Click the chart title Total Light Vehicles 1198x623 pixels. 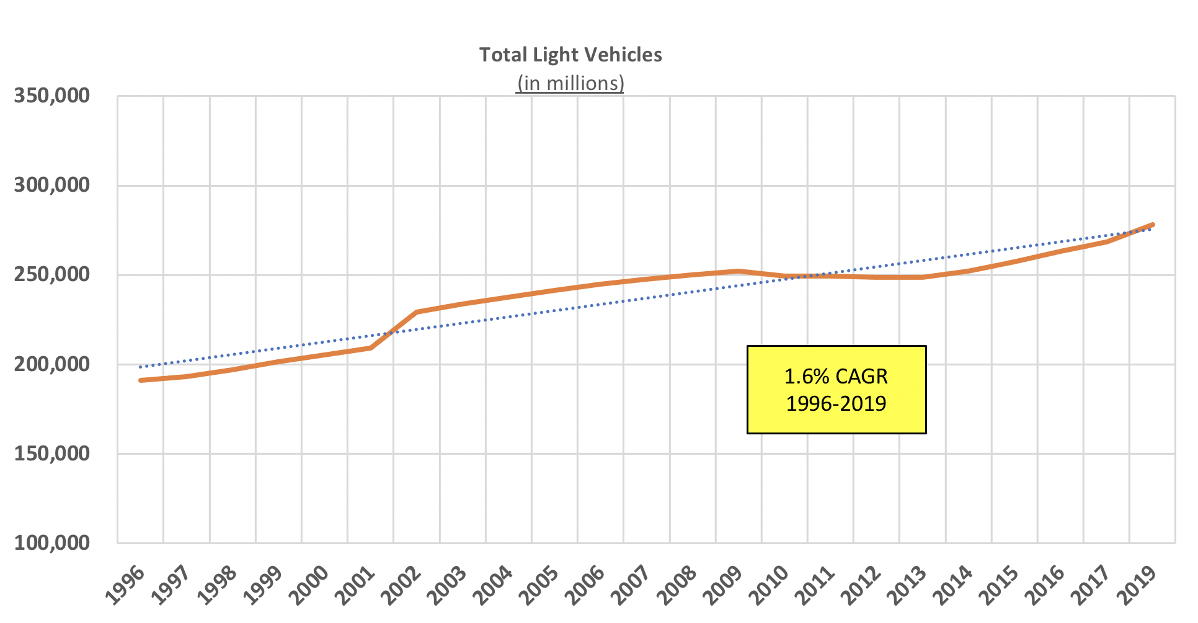tap(570, 55)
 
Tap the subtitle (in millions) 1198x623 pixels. tap(570, 83)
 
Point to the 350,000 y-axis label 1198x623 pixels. tap(52, 96)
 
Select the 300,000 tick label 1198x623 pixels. tap(52, 185)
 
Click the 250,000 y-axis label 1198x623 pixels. tap(52, 274)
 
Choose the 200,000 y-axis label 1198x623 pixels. tap(52, 364)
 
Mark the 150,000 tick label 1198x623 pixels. tap(52, 454)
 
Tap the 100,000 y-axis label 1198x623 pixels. tap(52, 543)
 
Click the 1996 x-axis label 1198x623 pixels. tap(125, 585)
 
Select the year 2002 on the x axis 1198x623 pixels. tap(401, 585)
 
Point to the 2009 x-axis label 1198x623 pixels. tap(723, 585)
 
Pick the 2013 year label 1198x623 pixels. tap(907, 585)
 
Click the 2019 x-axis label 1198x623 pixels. tap(1137, 585)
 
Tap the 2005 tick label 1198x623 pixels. tap(539, 585)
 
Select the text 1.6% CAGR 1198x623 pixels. tap(836, 376)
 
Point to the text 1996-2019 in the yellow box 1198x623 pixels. tap(836, 403)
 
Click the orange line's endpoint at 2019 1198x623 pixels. tap(1152, 225)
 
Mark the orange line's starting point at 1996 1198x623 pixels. tap(141, 380)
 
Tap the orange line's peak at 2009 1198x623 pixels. tap(738, 271)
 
